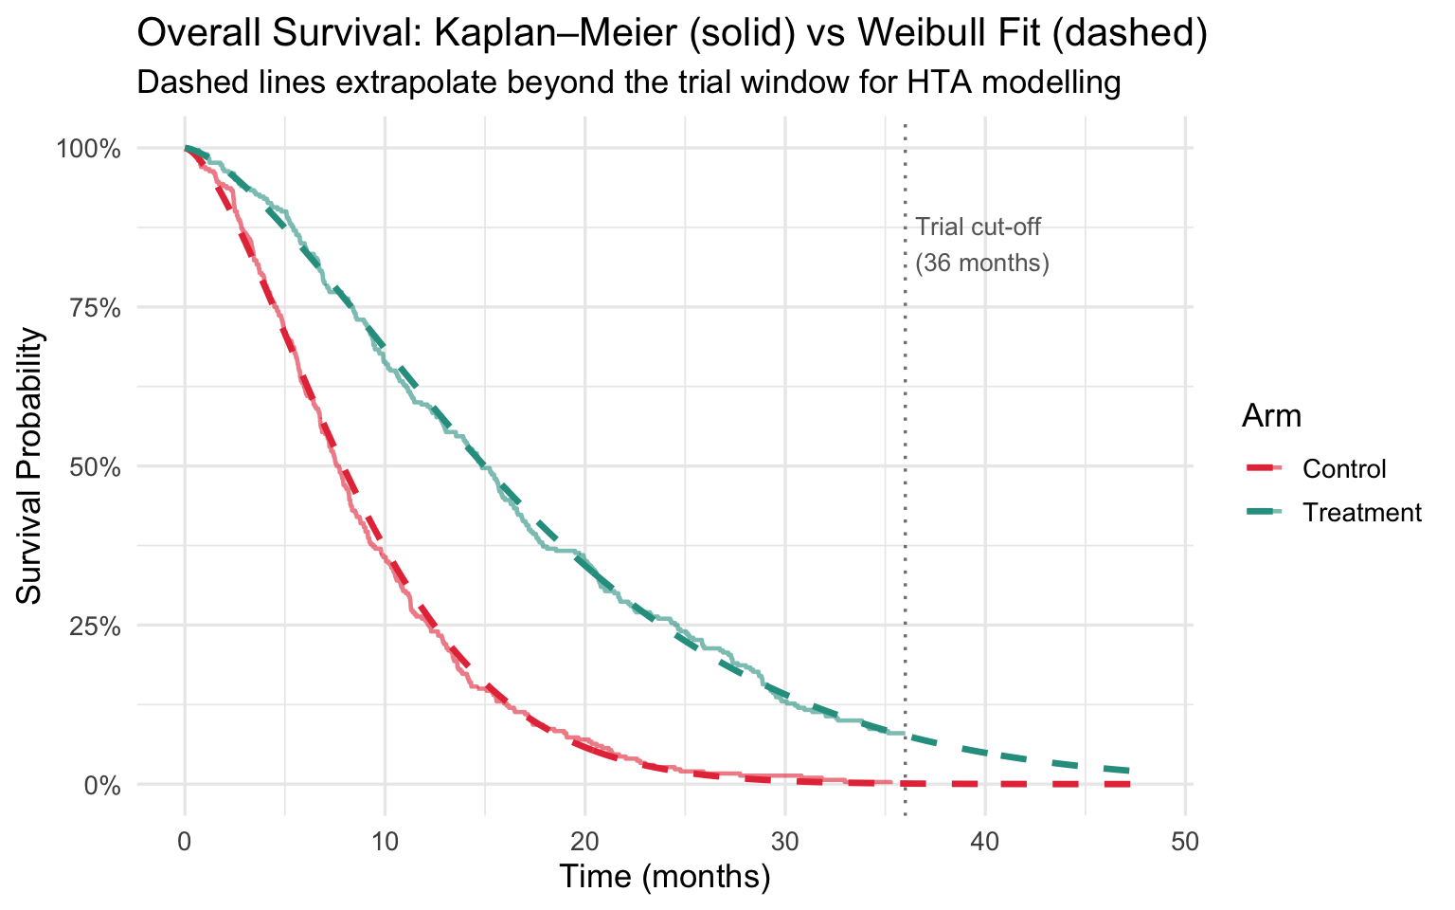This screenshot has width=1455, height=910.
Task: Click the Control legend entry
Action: pyautogui.click(x=1344, y=468)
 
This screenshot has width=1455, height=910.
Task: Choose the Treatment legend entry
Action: pyautogui.click(x=1362, y=513)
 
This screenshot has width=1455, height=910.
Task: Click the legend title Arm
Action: pyautogui.click(x=1271, y=416)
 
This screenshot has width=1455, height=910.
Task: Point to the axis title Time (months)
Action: pyautogui.click(x=664, y=877)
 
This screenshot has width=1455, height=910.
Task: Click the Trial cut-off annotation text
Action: pyautogui.click(x=979, y=227)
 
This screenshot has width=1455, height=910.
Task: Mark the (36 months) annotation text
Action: pyautogui.click(x=982, y=263)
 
